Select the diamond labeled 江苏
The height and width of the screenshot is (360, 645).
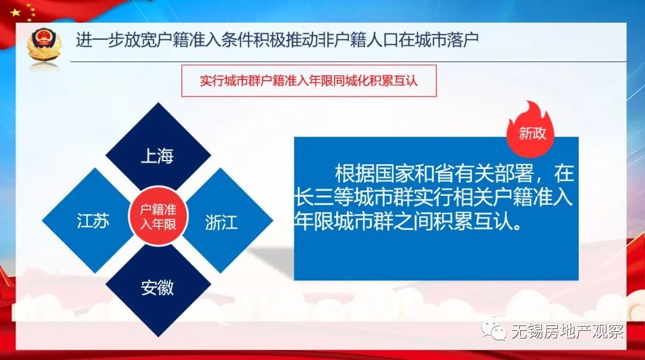(93, 221)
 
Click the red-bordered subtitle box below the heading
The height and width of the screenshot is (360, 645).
(309, 81)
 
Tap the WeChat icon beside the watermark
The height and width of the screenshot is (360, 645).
(496, 330)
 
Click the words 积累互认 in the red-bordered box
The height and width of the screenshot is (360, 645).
(397, 81)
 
